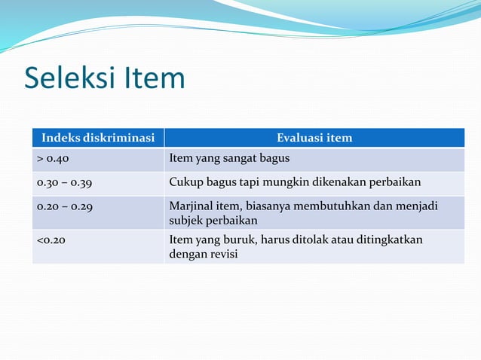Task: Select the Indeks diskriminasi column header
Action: point(98,138)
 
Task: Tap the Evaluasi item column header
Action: point(314,138)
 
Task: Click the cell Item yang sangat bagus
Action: point(229,159)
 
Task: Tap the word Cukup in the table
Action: point(185,182)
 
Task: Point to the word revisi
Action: point(222,254)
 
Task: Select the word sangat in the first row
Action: point(239,159)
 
